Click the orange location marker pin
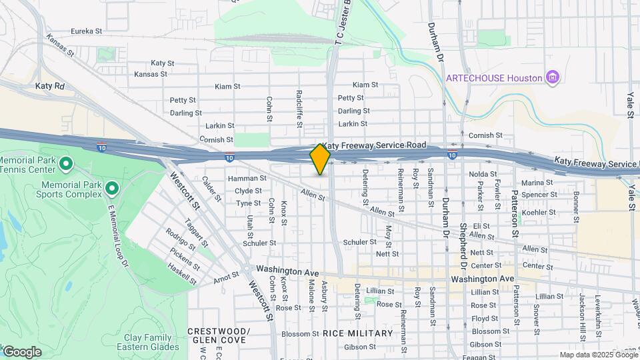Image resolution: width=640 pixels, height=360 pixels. (320, 159)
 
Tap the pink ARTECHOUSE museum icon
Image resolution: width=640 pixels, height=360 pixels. (552, 78)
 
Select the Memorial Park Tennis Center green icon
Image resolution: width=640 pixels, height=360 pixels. (65, 163)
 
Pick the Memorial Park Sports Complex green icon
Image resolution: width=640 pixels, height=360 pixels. (111, 189)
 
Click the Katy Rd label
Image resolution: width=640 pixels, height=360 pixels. (50, 86)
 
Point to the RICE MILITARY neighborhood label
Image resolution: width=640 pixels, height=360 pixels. (357, 333)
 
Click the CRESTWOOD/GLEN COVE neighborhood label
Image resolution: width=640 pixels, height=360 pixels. (218, 335)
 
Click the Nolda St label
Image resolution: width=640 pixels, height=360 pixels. (483, 174)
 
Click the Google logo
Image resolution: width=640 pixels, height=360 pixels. (21, 351)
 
